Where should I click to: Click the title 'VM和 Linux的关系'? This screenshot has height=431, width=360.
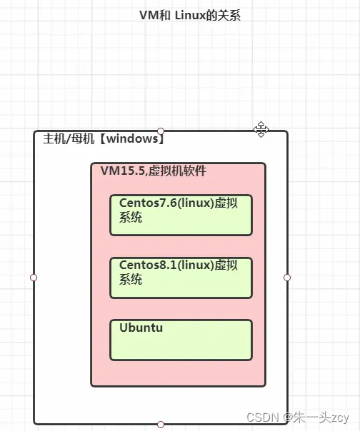189,15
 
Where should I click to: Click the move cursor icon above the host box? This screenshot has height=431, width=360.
261,129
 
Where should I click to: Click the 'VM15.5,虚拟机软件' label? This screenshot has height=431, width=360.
154,171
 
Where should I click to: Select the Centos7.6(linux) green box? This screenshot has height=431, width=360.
181,215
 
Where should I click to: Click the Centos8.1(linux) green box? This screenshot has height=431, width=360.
181,278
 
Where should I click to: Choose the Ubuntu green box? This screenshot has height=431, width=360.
181,340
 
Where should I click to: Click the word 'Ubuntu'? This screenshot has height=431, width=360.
141,328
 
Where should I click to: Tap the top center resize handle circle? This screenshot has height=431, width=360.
161,131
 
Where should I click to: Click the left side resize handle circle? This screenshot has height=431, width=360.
34,277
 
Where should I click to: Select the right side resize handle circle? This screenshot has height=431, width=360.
287,277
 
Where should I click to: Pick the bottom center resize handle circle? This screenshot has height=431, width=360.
161,425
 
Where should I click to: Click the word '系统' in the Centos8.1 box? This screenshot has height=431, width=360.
131,280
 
